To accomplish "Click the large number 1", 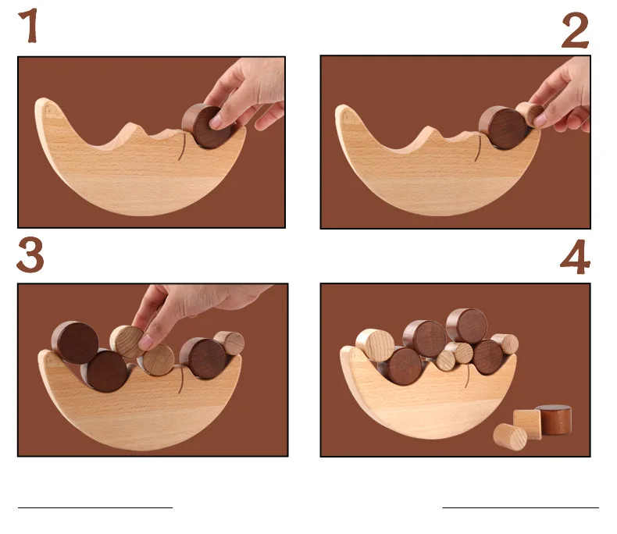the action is point(28,26).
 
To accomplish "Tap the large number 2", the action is point(575,30).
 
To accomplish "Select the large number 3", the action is point(30,255).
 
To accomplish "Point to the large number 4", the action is point(576,257).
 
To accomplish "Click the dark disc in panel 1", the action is point(205,126).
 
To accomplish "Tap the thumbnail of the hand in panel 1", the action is point(216,122).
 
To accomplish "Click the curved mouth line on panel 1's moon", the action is point(182,147).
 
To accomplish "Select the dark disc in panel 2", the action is point(503,128).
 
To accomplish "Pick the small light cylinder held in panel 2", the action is point(530,114).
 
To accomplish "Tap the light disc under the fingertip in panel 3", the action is point(127,342).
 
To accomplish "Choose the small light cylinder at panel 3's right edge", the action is point(230,343).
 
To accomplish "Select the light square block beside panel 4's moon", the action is point(527,424).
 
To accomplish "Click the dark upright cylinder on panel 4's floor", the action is point(554,419).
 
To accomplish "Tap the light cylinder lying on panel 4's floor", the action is point(510,437).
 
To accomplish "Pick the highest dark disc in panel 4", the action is point(467,326).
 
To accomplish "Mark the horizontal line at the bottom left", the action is point(95,507).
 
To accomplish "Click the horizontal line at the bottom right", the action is point(521,507).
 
